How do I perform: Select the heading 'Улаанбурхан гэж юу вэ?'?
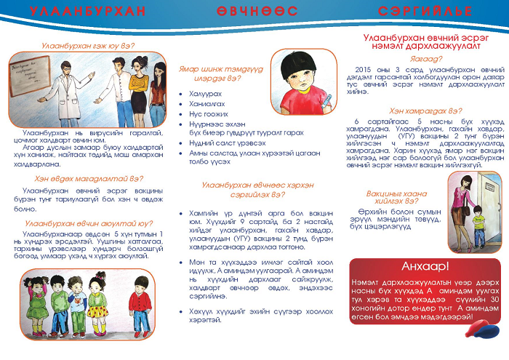88,44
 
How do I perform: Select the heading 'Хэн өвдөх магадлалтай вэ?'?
88,177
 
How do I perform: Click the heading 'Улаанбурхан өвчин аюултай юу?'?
88,223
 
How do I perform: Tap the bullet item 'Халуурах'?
206,95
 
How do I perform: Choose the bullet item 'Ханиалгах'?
207,104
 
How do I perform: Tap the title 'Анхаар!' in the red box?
425,266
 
